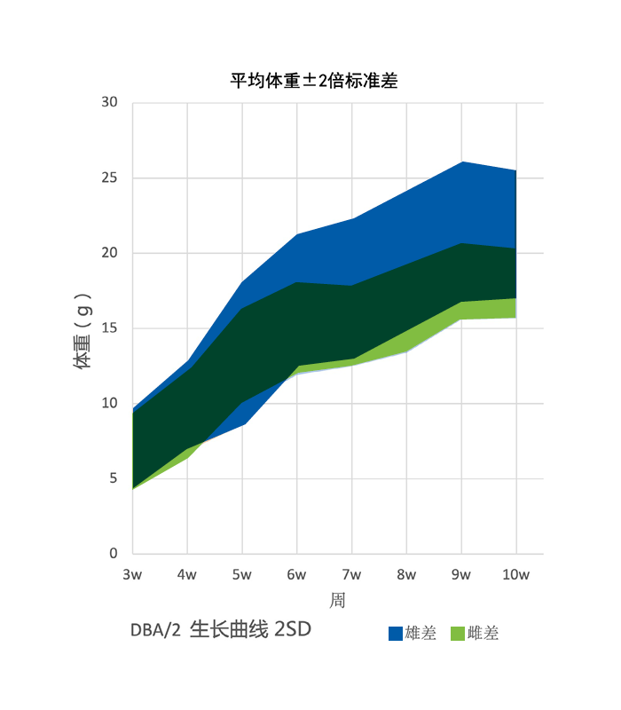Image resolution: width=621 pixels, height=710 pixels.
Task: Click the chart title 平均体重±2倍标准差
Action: pos(314,81)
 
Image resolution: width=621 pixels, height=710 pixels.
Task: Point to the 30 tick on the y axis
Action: pos(109,102)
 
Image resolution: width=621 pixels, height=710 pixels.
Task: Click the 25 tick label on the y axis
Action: pos(109,177)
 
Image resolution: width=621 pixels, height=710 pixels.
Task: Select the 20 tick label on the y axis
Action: pos(109,253)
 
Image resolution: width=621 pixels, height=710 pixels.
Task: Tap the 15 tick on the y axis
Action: pos(109,328)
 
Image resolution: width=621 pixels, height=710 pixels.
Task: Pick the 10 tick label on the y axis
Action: pos(109,403)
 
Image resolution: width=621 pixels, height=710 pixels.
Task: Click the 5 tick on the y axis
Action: pos(113,478)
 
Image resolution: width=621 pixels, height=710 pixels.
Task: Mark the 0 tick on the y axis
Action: pos(113,554)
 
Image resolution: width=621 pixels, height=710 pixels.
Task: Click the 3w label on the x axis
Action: pos(132,575)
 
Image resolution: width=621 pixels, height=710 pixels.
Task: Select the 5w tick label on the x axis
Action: pos(242,575)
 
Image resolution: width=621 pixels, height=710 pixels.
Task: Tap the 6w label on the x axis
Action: pos(297,575)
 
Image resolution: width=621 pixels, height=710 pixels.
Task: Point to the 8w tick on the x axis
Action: pos(406,575)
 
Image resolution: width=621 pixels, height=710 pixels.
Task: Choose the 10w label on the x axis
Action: pos(516,575)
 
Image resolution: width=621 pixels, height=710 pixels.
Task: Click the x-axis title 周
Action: pos(338,601)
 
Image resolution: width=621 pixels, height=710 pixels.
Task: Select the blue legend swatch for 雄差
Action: pos(396,634)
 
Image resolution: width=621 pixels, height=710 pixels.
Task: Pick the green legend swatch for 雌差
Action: pos(459,634)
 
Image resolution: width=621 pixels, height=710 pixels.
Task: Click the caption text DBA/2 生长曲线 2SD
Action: pos(221,630)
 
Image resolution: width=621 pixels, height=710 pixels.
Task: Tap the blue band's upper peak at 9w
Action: pos(461,162)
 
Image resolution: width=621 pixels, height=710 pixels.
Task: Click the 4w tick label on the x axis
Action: pos(187,575)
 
